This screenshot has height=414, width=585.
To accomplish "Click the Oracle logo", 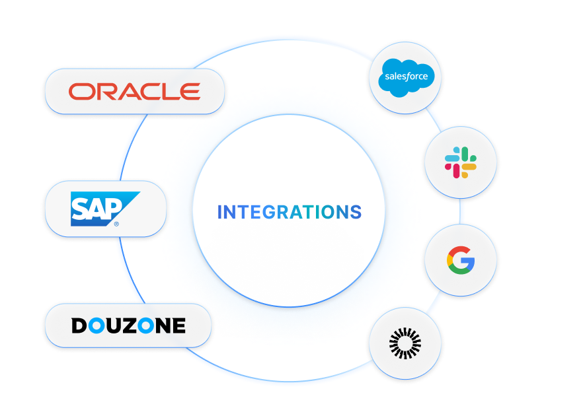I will (x=134, y=92).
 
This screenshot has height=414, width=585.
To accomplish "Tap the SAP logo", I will (x=104, y=209).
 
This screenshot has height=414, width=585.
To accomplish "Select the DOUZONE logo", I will (x=128, y=326).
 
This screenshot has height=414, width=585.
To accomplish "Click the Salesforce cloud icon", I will (x=405, y=77).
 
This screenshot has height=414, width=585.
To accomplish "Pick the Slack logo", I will (x=461, y=162).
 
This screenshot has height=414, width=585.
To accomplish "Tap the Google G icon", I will (x=461, y=260).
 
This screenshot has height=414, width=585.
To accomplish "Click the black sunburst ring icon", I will (x=405, y=343).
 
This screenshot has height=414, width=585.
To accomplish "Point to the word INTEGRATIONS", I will (x=290, y=213).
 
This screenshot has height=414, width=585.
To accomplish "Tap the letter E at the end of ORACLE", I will (x=191, y=92).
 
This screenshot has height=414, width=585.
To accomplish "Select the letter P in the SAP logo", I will (x=112, y=207).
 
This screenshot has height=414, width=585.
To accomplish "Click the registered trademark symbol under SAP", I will (x=117, y=224).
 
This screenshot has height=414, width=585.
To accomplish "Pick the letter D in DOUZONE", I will (x=79, y=326).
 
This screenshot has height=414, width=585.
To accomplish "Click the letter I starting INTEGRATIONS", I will (x=219, y=213).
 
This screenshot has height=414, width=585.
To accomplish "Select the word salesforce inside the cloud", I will (x=406, y=76).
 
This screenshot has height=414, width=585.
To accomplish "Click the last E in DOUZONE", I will (x=178, y=326).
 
